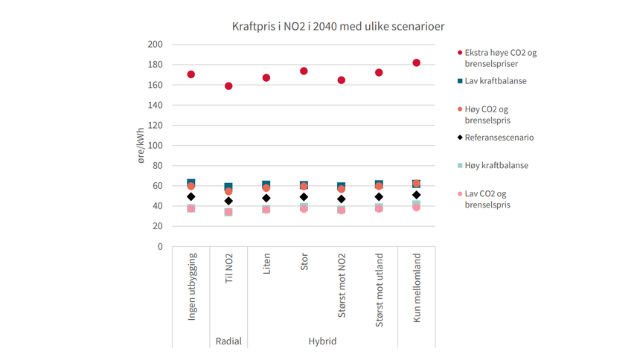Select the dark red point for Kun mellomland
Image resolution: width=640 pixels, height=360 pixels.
417,62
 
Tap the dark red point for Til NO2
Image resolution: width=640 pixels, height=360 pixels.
228,86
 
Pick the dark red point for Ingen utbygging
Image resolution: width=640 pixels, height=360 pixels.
191,74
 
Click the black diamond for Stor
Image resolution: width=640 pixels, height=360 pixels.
304,197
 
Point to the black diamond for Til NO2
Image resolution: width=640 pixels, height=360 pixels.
228,201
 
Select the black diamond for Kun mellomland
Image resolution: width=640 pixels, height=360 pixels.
417,195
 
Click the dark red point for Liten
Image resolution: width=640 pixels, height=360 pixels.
266,77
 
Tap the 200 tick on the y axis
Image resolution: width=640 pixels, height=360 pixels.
155,44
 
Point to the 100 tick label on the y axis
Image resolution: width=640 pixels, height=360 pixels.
155,145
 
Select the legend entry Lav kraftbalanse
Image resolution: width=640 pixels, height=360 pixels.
495,80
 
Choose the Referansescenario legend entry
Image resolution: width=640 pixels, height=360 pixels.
499,138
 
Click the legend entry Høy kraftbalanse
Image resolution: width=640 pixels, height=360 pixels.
496,165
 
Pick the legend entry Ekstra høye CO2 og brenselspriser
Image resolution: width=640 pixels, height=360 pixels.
500,58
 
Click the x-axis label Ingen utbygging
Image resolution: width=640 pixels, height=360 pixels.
191,289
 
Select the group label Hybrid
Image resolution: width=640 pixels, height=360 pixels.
322,341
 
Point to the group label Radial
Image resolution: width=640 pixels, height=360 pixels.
228,341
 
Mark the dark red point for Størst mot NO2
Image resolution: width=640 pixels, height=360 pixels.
342,80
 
